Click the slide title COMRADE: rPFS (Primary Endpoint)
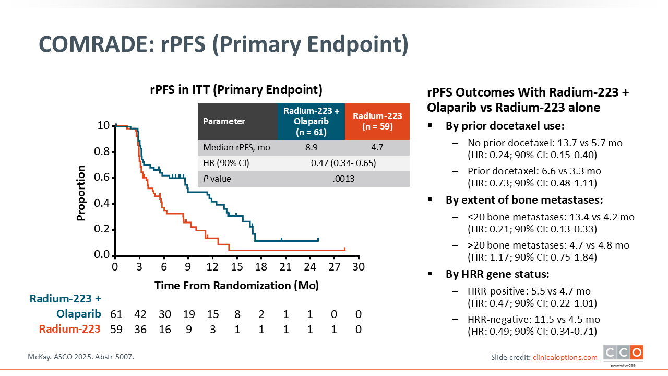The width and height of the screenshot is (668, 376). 223,45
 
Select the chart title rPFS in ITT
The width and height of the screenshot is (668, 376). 236,89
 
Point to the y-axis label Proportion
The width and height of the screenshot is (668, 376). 81,193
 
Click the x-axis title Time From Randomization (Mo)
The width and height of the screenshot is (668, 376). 236,286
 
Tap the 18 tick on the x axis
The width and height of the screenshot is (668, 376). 261,266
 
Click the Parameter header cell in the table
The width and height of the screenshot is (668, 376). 224,121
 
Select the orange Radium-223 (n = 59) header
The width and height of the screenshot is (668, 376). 377,121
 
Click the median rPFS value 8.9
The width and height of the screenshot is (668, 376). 311,147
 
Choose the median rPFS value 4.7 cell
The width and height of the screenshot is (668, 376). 377,147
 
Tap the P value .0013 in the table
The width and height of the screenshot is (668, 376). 343,179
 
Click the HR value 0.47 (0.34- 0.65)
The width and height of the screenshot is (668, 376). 343,163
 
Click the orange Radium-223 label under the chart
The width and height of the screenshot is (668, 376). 69,329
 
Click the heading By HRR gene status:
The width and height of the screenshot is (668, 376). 497,274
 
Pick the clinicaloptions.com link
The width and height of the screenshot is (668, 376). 565,357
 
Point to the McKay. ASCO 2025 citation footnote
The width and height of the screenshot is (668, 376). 81,357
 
